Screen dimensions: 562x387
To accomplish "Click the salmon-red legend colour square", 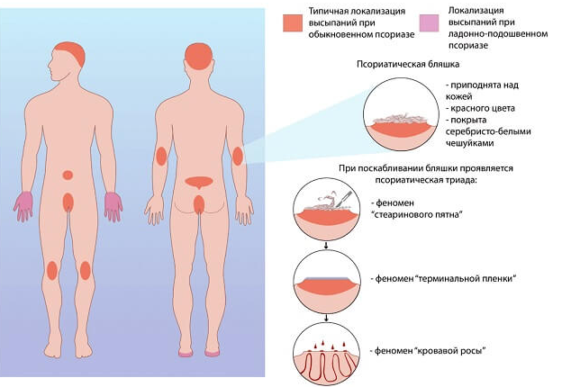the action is pos(293,23).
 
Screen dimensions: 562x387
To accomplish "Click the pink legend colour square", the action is pos(429,23).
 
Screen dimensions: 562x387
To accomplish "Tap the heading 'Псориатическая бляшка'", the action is pos(408,65).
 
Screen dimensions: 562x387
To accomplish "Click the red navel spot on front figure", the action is pos(68,175).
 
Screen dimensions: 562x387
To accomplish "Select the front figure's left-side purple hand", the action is pos(23,206).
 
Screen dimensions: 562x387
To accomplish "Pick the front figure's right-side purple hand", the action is pos(113,207).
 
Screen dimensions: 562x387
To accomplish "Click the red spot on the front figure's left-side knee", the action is pos(52,270).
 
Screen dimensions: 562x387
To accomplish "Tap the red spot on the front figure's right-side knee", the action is pos(86,270).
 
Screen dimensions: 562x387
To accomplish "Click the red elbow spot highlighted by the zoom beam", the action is pos(238,156).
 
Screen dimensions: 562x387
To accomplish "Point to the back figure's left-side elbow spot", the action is pos(161,157).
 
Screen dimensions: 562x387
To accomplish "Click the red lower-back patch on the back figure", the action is pos(200,182).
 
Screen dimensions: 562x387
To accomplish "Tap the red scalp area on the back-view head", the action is pos(198,57).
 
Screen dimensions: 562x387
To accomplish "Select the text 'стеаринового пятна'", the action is pos(417,214).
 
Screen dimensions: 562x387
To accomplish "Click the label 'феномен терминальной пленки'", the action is pos(443,278).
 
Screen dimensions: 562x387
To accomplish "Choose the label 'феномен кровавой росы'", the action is pos(428,351).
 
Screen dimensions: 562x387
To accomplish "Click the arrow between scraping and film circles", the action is pos(326,245).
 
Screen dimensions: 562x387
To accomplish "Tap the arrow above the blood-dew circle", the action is pos(326,318).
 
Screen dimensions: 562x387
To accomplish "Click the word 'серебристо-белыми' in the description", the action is pos(488,131).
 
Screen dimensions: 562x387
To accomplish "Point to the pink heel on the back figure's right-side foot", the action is pos(213,354).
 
